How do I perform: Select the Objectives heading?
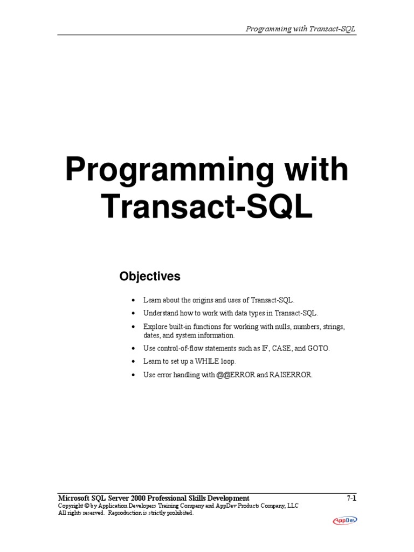150,277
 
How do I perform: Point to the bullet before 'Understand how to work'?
133,313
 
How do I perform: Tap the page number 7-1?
351,498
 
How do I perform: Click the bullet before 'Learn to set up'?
133,362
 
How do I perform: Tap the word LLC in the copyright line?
292,506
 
